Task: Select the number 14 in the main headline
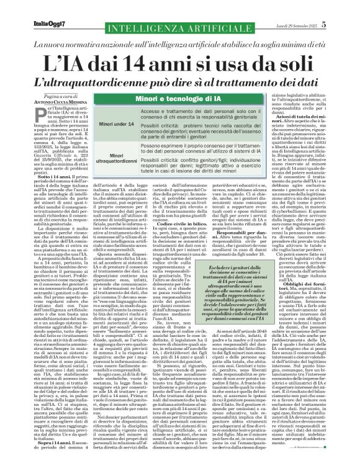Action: click(x=142, y=63)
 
